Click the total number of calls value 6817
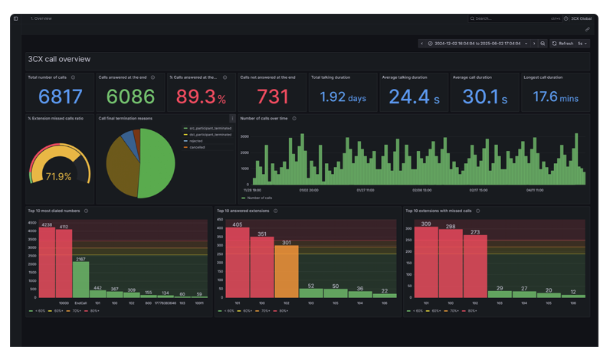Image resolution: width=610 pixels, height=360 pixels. pos(60,97)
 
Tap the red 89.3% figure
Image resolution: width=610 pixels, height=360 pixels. pos(201,97)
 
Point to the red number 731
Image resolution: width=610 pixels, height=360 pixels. pos(271,97)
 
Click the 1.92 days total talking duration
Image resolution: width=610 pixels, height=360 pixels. pos(343,97)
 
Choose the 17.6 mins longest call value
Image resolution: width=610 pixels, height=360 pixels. pos(555,97)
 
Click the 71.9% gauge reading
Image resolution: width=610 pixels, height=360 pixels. pos(58,176)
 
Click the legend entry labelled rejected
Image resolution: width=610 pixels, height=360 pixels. pos(197,141)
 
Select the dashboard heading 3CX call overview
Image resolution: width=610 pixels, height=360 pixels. pos(59,59)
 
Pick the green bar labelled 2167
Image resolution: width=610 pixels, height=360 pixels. pos(80,279)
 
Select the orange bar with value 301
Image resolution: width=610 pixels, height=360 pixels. pos(286,271)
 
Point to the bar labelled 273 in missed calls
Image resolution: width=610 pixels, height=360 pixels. pos(474,265)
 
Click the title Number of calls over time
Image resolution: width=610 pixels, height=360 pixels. pos(264,119)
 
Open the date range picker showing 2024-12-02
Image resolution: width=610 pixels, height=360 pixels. pos(477,44)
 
